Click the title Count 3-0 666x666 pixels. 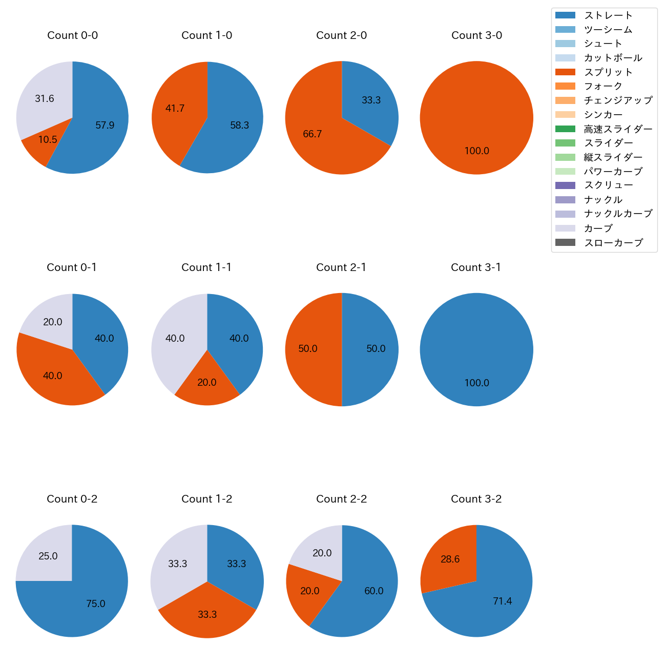coord(476,35)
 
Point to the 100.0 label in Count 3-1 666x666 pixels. coord(476,383)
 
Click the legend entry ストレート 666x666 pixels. coord(608,15)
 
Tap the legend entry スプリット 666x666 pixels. coord(608,72)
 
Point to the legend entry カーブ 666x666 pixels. coord(598,228)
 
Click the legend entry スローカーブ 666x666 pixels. coord(613,243)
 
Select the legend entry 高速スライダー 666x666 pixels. coord(618,129)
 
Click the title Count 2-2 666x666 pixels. coord(342,499)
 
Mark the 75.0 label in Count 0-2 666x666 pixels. coord(95,604)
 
